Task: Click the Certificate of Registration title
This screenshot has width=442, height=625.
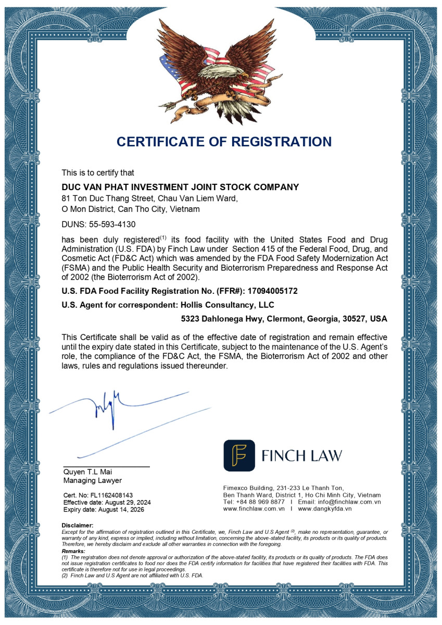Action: click(224, 142)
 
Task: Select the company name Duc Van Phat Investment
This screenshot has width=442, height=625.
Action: click(180, 187)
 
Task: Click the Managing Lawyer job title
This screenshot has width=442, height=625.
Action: click(93, 480)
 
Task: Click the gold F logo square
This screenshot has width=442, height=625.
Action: click(239, 456)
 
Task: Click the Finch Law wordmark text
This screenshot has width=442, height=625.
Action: click(301, 456)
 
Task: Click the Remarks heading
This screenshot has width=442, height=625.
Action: click(74, 551)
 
